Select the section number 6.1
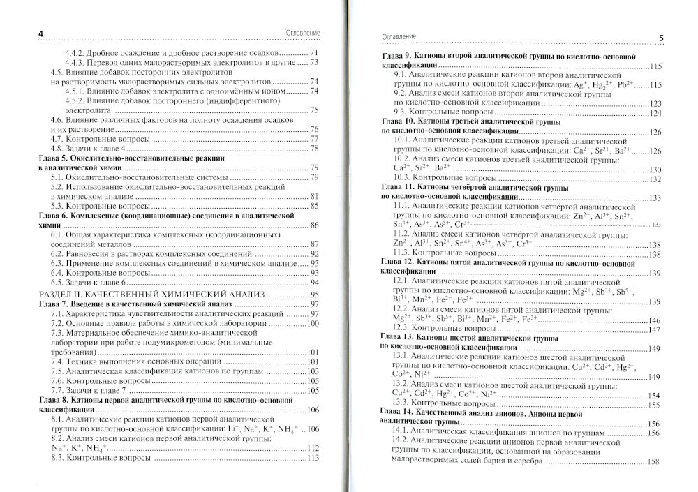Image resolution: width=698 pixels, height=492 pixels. click(x=59, y=234)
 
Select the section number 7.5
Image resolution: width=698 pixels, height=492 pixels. click(x=59, y=371)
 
